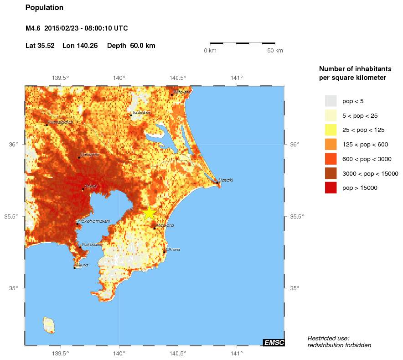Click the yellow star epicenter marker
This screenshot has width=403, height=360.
[x=150, y=213]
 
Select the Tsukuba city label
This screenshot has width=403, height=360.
[x=141, y=112]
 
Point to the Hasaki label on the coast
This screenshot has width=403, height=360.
[x=226, y=180]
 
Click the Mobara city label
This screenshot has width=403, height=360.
[x=165, y=225]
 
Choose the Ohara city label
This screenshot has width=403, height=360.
[x=173, y=250]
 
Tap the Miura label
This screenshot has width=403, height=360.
[x=83, y=265]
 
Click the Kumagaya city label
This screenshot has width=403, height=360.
[x=61, y=122]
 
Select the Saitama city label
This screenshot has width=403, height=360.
[x=89, y=155]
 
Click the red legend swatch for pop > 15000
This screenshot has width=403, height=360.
[x=331, y=188]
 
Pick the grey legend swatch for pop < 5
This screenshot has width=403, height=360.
[x=331, y=101]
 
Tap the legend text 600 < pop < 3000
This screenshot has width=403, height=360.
[x=367, y=159]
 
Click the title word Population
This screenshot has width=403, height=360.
[x=44, y=8]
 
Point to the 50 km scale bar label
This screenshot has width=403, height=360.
[x=275, y=51]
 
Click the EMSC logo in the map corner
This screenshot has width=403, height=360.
[x=274, y=343]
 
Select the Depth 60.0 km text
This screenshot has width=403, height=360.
[x=131, y=46]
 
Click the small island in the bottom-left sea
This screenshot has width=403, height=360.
[x=49, y=325]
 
